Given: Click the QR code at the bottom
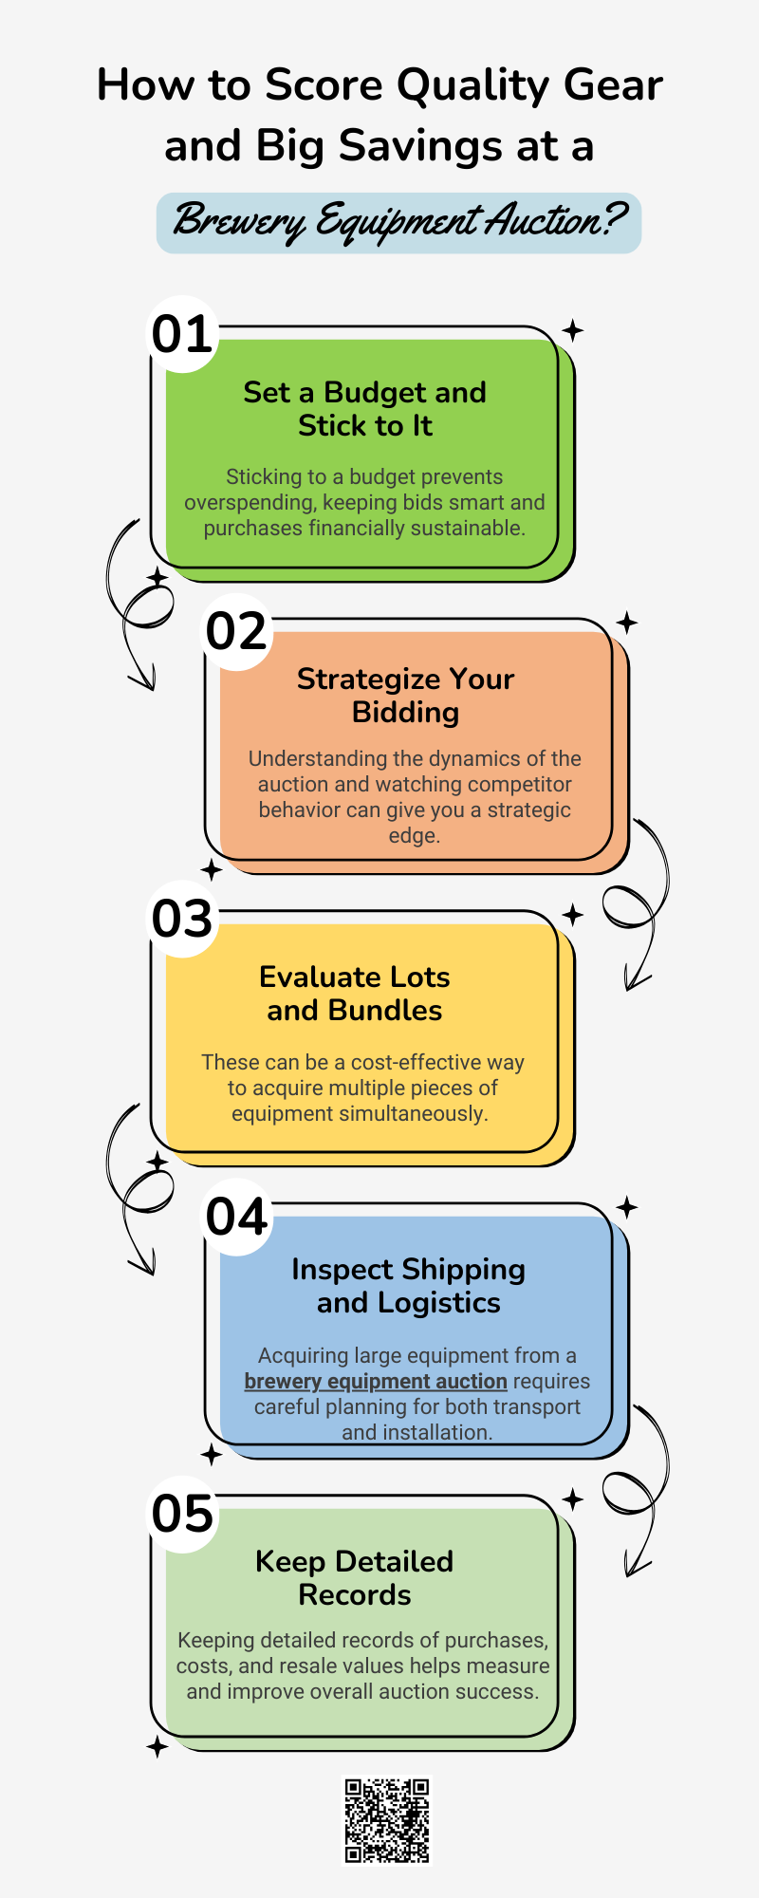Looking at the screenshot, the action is [x=386, y=1820].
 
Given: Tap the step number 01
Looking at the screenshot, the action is [x=182, y=335].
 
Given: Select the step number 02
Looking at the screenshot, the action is [x=237, y=632].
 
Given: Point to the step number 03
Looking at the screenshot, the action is [x=183, y=920].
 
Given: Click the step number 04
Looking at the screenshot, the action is [x=237, y=1218].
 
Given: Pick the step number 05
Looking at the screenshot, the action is [x=183, y=1515].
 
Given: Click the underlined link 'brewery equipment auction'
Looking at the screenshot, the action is [x=376, y=1382].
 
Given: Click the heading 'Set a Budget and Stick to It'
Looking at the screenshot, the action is [x=365, y=409].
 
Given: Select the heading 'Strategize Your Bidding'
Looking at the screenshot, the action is [x=406, y=696].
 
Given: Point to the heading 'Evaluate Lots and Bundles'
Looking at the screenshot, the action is [x=355, y=994].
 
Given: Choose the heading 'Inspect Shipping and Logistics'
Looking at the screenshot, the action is [x=409, y=1286].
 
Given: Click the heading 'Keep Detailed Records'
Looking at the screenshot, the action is [x=355, y=1578].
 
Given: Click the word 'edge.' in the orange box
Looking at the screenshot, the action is [x=415, y=836].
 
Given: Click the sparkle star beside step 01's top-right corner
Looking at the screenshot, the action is [x=572, y=330].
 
